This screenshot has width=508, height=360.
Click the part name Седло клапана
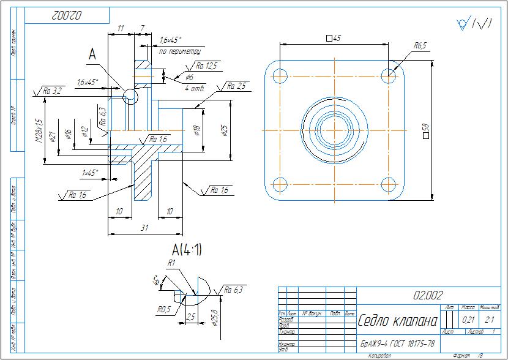pos(397,321)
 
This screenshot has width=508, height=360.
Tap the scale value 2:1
pos(489,319)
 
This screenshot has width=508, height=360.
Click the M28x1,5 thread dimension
pos(38,130)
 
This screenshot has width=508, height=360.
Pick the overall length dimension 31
pos(144,228)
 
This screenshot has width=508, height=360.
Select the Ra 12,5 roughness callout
pos(207,66)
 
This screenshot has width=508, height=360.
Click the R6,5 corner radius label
pos(420,45)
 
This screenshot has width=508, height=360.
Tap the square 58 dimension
pos(425,130)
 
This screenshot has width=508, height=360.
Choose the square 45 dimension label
pos(334,38)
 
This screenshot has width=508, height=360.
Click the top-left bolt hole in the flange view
pos(280,77)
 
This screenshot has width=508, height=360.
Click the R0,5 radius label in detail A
pos(163,310)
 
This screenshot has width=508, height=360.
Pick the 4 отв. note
pos(195,88)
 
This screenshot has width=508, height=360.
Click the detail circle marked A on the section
pos(130,96)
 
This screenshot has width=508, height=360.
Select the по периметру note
pos(180,51)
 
